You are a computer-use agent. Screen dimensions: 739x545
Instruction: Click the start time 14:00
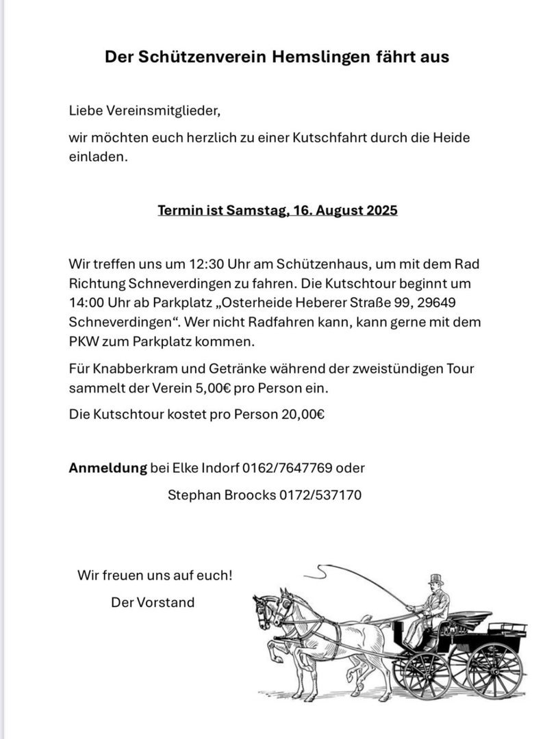pos(86,302)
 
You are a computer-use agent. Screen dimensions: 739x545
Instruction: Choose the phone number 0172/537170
pos(320,494)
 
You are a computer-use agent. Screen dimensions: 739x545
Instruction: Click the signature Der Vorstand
pos(153,603)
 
